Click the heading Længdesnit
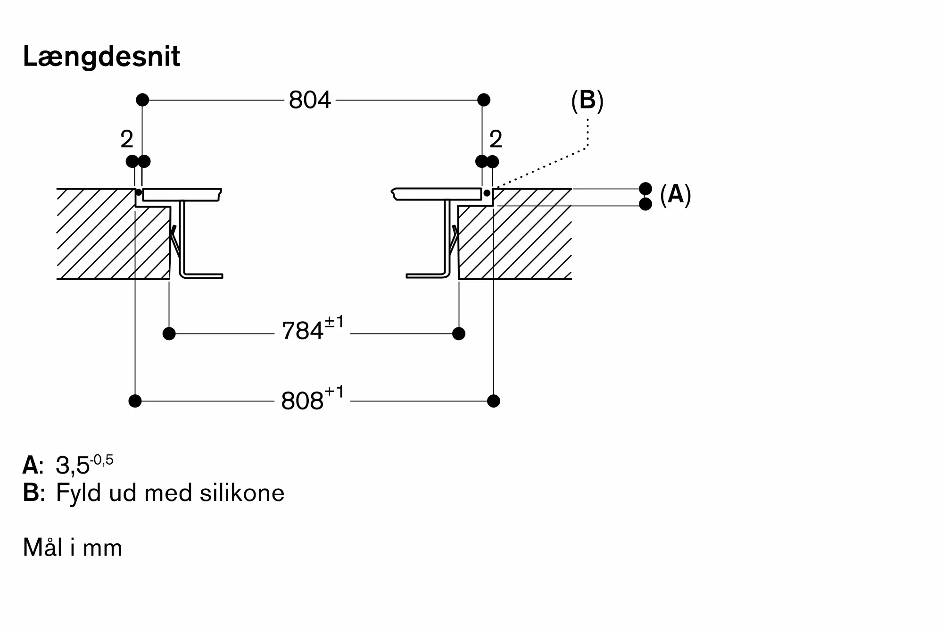[101, 57]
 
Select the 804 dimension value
[310, 100]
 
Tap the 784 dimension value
[302, 331]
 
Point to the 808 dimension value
[302, 401]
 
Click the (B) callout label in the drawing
[587, 100]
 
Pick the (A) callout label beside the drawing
[676, 194]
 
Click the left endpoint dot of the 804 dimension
[142, 100]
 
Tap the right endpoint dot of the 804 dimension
[484, 100]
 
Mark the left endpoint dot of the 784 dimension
[169, 334]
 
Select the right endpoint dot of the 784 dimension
[459, 334]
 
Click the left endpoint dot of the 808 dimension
[135, 401]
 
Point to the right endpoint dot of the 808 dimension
[494, 401]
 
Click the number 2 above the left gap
[127, 139]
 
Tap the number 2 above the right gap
[496, 139]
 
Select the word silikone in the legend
[242, 493]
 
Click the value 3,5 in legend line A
[73, 466]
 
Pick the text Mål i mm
[73, 548]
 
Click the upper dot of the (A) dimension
[645, 189]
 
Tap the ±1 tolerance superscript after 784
[334, 323]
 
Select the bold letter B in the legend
[31, 493]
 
